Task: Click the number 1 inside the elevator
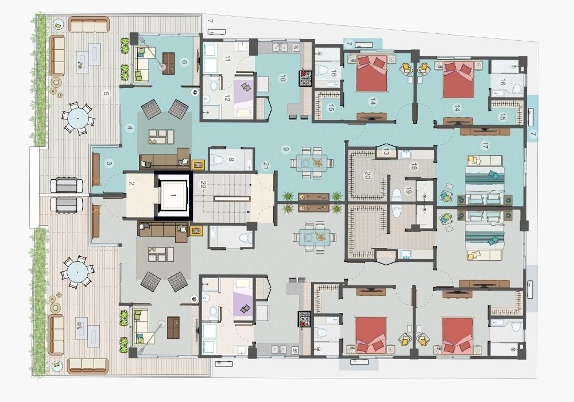pyautogui.click(x=173, y=196)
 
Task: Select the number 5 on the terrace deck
pyautogui.click(x=106, y=94)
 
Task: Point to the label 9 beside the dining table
pyautogui.click(x=286, y=149)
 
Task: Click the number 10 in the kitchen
pyautogui.click(x=282, y=78)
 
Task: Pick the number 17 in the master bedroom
pyautogui.click(x=486, y=146)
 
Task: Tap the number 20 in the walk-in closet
pyautogui.click(x=367, y=175)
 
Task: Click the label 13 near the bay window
pyautogui.click(x=386, y=152)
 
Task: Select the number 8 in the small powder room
pyautogui.click(x=231, y=159)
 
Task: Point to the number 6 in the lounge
pyautogui.click(x=184, y=62)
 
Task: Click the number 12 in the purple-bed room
pyautogui.click(x=227, y=98)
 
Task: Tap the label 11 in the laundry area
pyautogui.click(x=227, y=59)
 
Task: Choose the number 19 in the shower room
pyautogui.click(x=409, y=191)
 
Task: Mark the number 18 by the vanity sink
pyautogui.click(x=413, y=167)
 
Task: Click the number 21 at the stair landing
pyautogui.click(x=266, y=166)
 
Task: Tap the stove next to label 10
pyautogui.click(x=306, y=78)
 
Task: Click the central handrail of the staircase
pyautogui.click(x=232, y=199)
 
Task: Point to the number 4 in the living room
pyautogui.click(x=129, y=127)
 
